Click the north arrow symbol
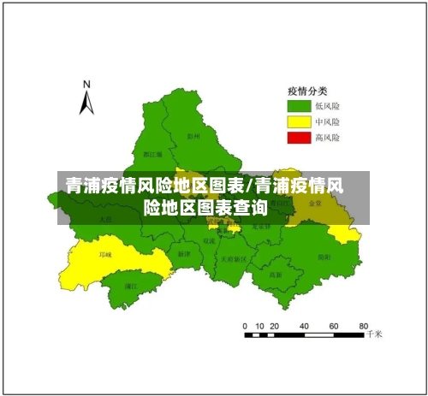point(86,103)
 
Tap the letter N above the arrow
point(86,84)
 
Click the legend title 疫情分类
point(306,92)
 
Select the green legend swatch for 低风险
point(299,106)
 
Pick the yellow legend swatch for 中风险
point(299,121)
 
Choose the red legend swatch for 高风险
point(299,137)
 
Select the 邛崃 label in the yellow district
point(105,254)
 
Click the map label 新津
point(184,254)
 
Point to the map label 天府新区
point(233,258)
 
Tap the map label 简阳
point(324,256)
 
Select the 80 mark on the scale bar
point(363,326)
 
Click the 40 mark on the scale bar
point(303,326)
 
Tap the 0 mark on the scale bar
point(245,326)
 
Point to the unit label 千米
point(374,336)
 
